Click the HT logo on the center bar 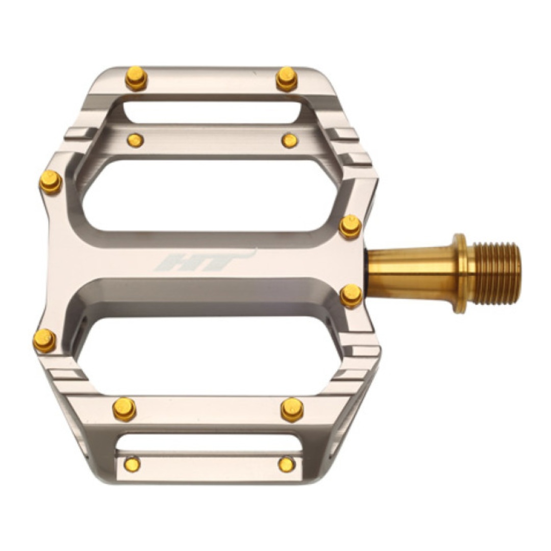tap(203, 261)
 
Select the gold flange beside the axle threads tap(460, 273)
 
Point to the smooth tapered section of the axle tap(411, 272)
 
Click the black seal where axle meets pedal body tap(366, 272)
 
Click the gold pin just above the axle tap(350, 227)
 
